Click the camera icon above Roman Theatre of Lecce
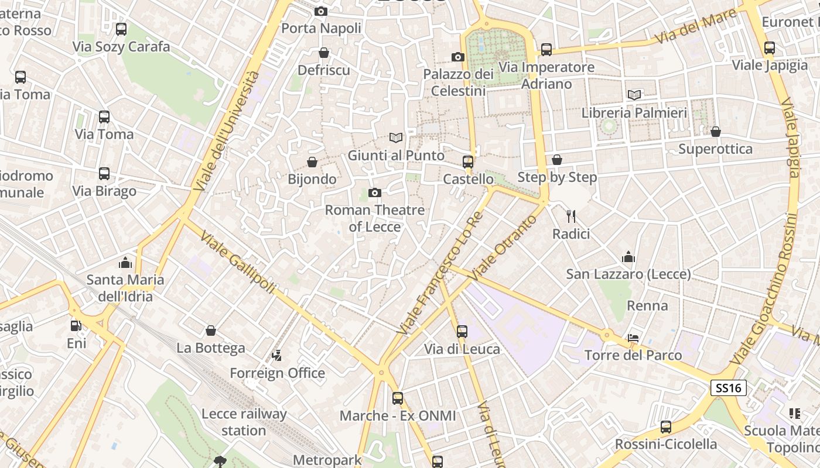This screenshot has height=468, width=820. pyautogui.click(x=375, y=192)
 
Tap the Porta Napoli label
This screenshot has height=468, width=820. pyautogui.click(x=321, y=28)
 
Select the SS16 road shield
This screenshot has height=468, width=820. pyautogui.click(x=729, y=387)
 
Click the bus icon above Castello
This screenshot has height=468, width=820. pyautogui.click(x=467, y=161)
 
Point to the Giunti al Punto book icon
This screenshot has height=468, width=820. pyautogui.click(x=396, y=138)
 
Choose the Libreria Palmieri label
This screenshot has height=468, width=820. pyautogui.click(x=634, y=112)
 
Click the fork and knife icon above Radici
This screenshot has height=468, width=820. pyautogui.click(x=571, y=216)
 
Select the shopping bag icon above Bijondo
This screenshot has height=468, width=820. pyautogui.click(x=312, y=161)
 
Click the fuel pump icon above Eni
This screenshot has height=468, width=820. pyautogui.click(x=76, y=325)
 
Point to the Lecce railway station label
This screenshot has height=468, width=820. pyautogui.click(x=244, y=422)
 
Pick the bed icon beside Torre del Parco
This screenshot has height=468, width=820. pyautogui.click(x=633, y=338)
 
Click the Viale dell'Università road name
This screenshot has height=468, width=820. pyautogui.click(x=227, y=132)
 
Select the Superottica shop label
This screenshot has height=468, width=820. pyautogui.click(x=715, y=149)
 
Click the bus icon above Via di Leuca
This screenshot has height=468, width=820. pyautogui.click(x=462, y=332)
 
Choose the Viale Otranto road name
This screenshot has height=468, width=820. pyautogui.click(x=503, y=246)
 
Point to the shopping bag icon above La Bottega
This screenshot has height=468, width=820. pyautogui.click(x=211, y=331)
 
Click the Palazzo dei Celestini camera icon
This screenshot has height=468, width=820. pyautogui.click(x=458, y=57)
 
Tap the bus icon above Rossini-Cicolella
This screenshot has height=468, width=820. pyautogui.click(x=665, y=426)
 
